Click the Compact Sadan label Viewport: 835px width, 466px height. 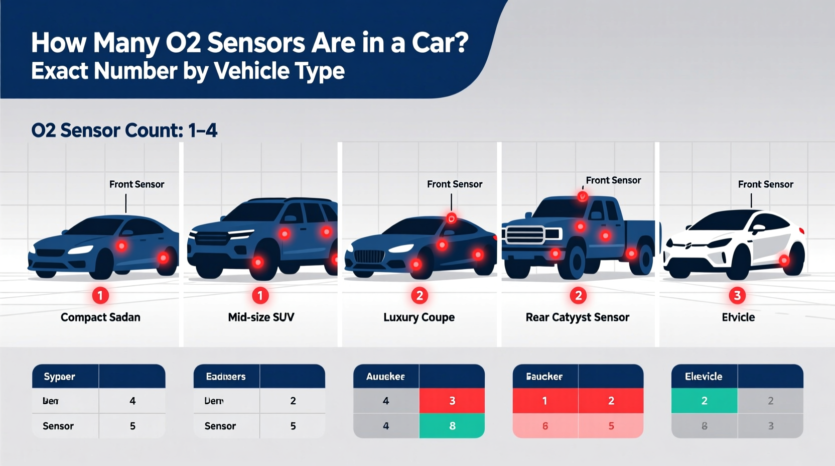click(x=100, y=317)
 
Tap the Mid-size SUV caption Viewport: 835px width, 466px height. click(x=261, y=317)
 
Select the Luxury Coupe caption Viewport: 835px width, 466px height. click(x=419, y=317)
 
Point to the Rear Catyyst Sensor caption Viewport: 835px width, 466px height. click(x=577, y=317)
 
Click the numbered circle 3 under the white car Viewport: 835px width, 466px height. click(x=737, y=295)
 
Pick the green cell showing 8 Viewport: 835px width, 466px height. click(x=452, y=426)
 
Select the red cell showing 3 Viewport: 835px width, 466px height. click(x=452, y=401)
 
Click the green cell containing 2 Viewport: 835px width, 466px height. click(x=704, y=401)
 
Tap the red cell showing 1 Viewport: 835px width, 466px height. click(x=545, y=401)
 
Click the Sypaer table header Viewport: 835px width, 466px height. click(x=59, y=377)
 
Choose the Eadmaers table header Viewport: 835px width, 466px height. click(x=226, y=377)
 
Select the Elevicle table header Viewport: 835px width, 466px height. click(x=704, y=377)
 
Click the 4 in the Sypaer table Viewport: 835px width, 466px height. click(x=132, y=401)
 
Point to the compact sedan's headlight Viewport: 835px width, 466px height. click(x=80, y=250)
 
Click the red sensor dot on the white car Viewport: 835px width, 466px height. click(x=784, y=260)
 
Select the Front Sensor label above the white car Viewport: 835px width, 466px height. click(x=765, y=184)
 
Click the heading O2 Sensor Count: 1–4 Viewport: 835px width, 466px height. click(x=124, y=131)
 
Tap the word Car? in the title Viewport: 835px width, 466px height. click(x=440, y=43)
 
